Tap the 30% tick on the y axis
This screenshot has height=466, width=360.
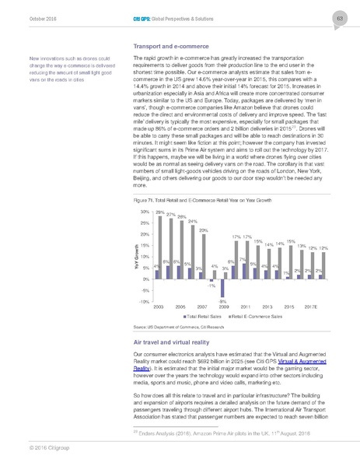pyautogui.click(x=145, y=212)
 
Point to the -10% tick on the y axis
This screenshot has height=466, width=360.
pyautogui.click(x=144, y=301)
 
